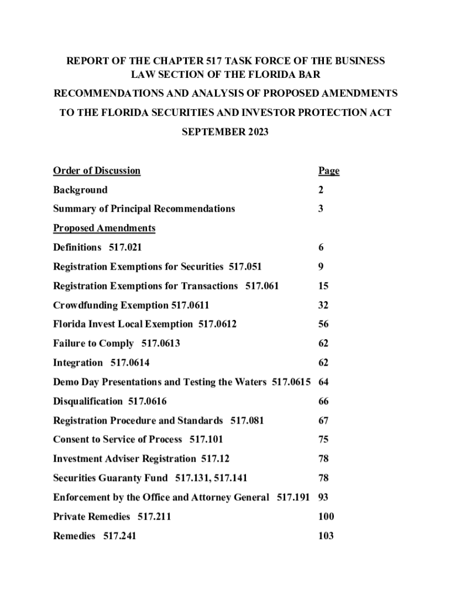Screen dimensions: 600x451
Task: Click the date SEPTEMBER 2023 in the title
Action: click(225, 132)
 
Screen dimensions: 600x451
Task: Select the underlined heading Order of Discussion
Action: click(97, 171)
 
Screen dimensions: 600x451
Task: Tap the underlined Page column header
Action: click(329, 171)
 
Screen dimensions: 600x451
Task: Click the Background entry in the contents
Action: click(80, 190)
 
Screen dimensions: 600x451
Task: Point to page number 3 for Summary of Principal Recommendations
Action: click(321, 209)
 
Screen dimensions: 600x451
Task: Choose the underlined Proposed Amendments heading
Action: click(104, 228)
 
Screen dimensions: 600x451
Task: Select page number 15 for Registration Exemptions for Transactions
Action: click(323, 286)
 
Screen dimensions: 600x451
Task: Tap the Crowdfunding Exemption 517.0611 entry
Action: click(131, 305)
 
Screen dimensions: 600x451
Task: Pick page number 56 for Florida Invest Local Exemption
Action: click(323, 324)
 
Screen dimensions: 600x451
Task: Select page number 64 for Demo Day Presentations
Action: click(323, 382)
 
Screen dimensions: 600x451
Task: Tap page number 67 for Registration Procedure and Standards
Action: click(323, 421)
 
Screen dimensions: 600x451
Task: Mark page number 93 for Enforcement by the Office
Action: click(323, 497)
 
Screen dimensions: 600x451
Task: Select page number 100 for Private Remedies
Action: click(326, 517)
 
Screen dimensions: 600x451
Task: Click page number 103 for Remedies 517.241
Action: click(326, 536)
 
